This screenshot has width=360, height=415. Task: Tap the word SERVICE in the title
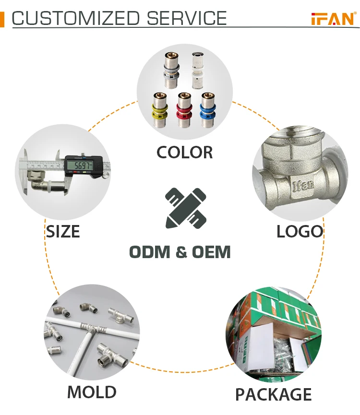pos(187,19)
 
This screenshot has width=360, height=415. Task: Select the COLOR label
pos(184,153)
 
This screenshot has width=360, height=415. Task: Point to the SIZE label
pos(63,232)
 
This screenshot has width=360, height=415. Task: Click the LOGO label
pos(300,232)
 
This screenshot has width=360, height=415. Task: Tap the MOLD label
pos(92,392)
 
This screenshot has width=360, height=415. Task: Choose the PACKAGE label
pos(273,394)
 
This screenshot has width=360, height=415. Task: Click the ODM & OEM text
pos(180,252)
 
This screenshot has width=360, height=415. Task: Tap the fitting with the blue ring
pos(207,109)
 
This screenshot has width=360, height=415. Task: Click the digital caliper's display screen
pos(79,166)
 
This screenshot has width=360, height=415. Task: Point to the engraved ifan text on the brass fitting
pos(304,196)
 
